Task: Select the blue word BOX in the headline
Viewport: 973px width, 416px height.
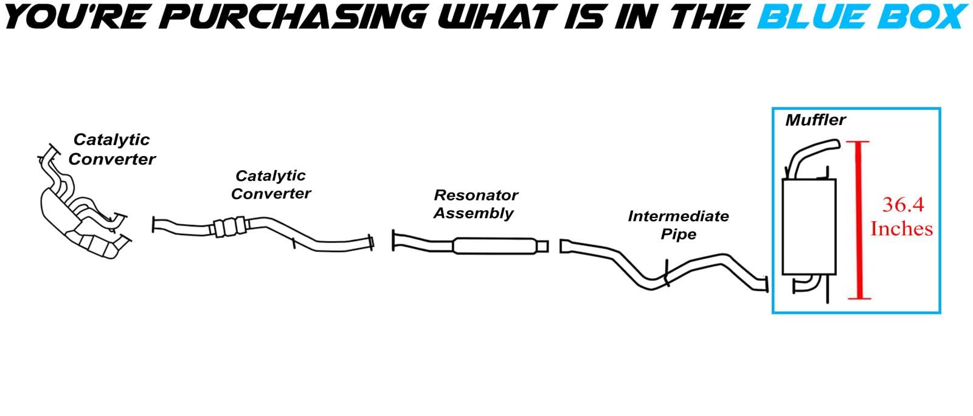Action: [x=922, y=16]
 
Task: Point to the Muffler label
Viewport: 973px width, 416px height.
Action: [x=815, y=120]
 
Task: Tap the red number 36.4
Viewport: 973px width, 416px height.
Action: [x=902, y=205]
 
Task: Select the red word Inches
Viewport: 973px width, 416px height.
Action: [x=901, y=229]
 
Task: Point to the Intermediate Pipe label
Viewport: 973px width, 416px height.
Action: [x=678, y=225]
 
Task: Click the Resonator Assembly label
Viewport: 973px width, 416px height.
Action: [x=475, y=204]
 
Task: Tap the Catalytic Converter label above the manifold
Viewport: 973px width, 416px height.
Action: [x=112, y=149]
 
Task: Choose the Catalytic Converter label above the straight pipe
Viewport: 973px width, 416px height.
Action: [x=271, y=185]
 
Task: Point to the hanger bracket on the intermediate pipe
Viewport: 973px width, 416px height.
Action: [x=667, y=273]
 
